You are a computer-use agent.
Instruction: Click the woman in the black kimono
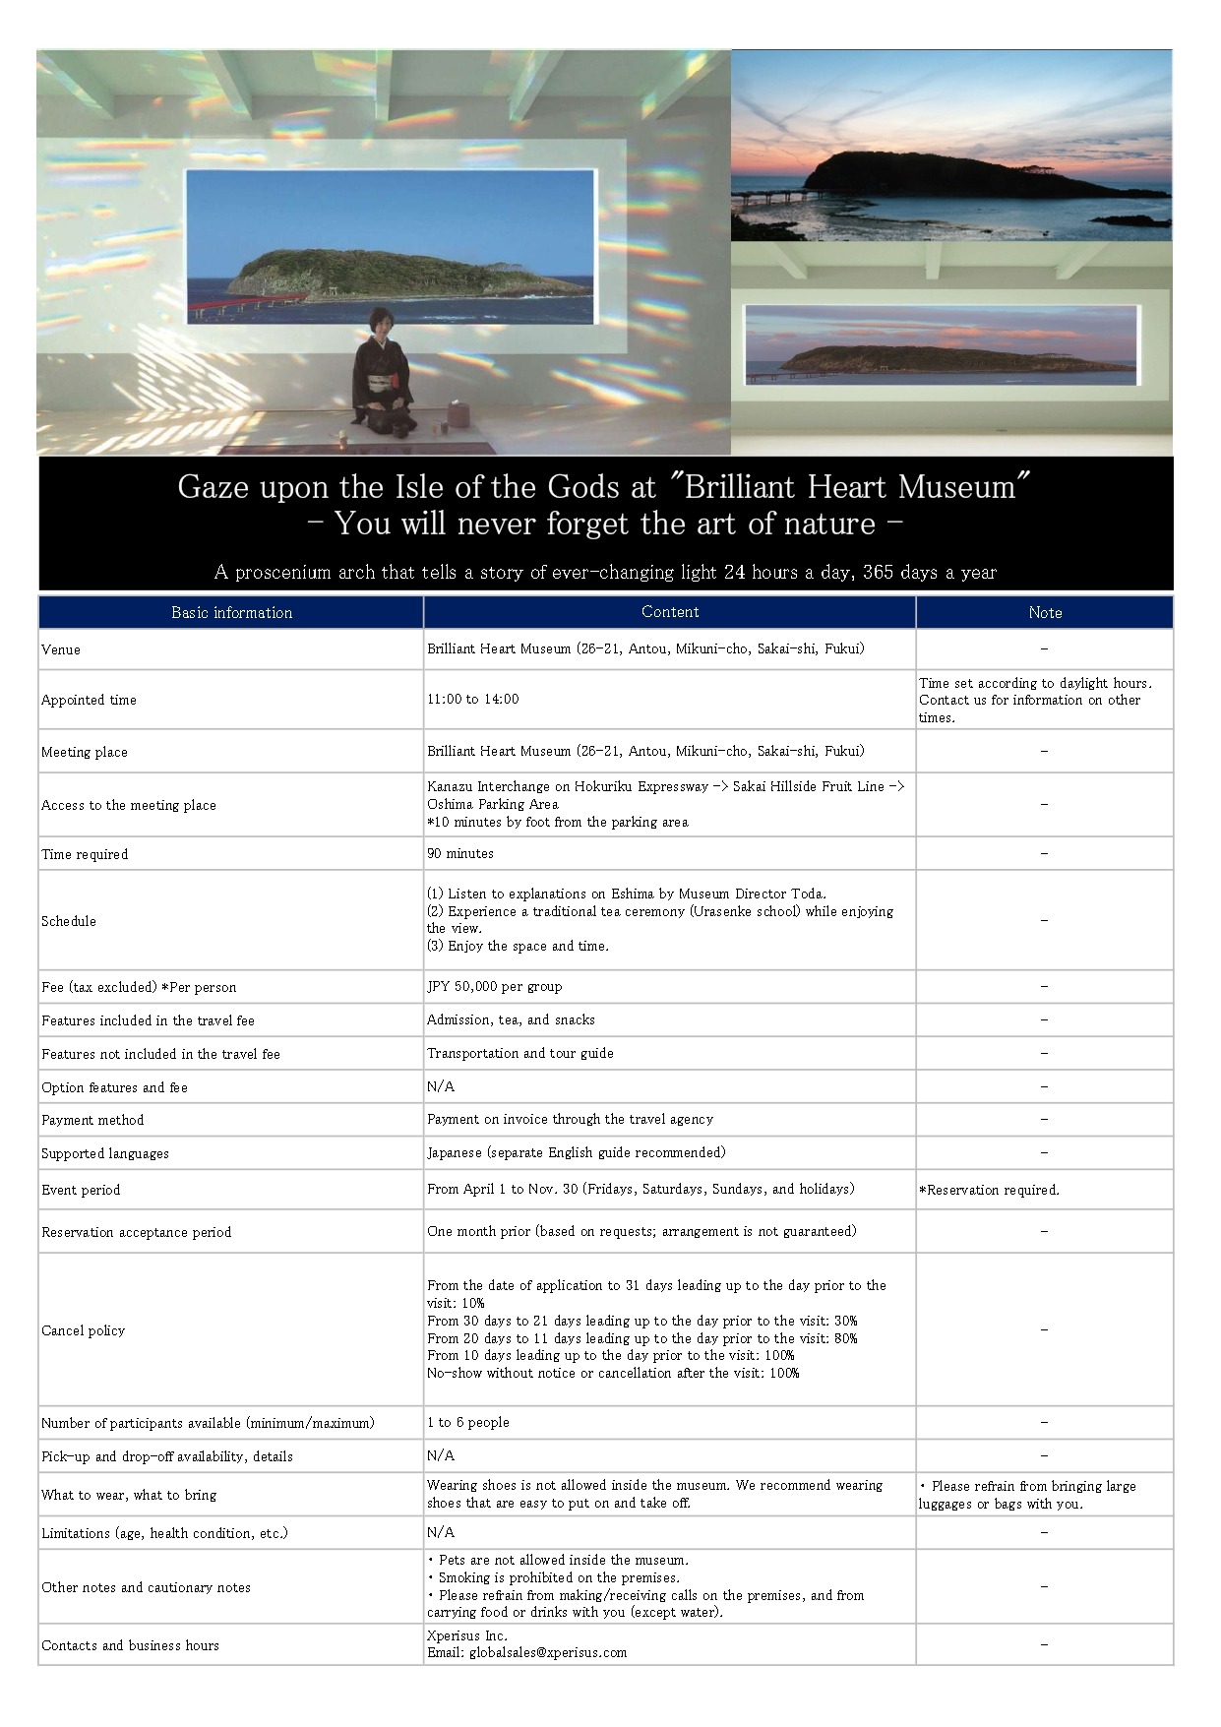click(381, 374)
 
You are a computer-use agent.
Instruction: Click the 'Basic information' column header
click(231, 612)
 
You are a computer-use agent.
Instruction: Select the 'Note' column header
click(1044, 612)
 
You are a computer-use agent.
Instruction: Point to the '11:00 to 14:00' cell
click(472, 699)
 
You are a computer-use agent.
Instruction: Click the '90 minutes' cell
click(459, 853)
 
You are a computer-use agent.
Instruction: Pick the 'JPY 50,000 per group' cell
click(494, 986)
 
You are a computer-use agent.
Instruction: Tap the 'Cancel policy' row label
click(83, 1330)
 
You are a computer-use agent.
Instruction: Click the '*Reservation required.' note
click(989, 1190)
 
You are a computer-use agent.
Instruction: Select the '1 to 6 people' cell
click(467, 1422)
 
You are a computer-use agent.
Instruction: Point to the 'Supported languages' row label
click(104, 1153)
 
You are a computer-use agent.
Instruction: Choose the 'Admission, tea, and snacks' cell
click(511, 1019)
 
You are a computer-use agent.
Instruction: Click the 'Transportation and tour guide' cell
click(519, 1053)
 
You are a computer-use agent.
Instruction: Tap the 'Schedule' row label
click(68, 921)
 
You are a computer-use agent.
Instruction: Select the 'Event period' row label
click(80, 1190)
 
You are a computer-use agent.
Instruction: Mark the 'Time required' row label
click(84, 854)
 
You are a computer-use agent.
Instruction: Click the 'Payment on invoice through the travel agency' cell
click(570, 1119)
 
